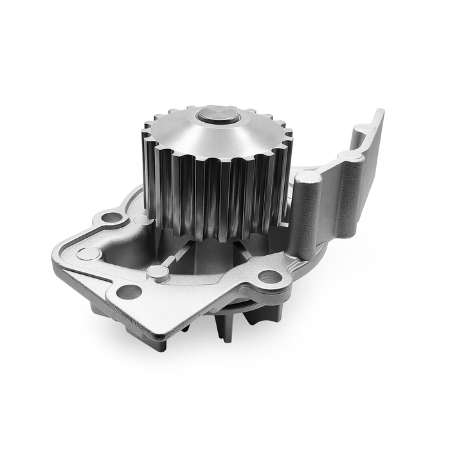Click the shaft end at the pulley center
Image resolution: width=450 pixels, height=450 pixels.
[219, 116]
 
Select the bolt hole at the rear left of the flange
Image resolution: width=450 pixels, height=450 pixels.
[112, 217]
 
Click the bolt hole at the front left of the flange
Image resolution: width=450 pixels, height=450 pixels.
[128, 291]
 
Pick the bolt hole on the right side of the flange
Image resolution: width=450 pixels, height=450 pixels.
[269, 276]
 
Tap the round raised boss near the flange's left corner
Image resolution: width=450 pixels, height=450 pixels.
[88, 253]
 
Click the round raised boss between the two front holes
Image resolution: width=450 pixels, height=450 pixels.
[157, 271]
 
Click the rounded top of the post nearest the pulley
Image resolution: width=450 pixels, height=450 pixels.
[307, 177]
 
